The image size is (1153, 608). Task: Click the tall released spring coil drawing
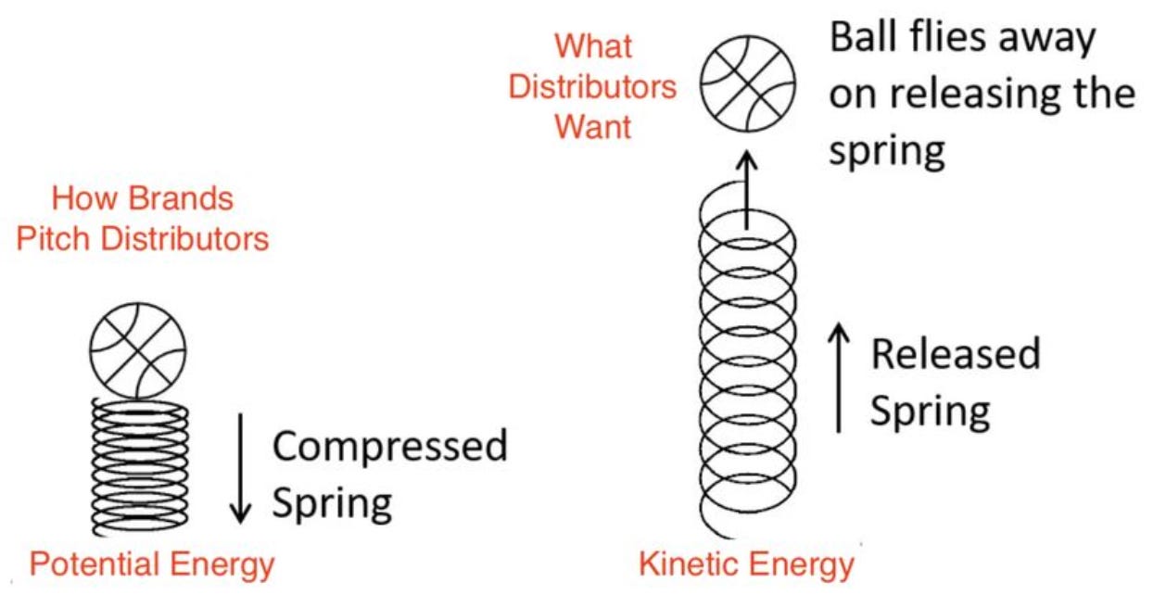(x=747, y=371)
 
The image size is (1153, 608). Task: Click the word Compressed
(x=390, y=447)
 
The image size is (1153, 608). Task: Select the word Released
(x=955, y=355)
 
